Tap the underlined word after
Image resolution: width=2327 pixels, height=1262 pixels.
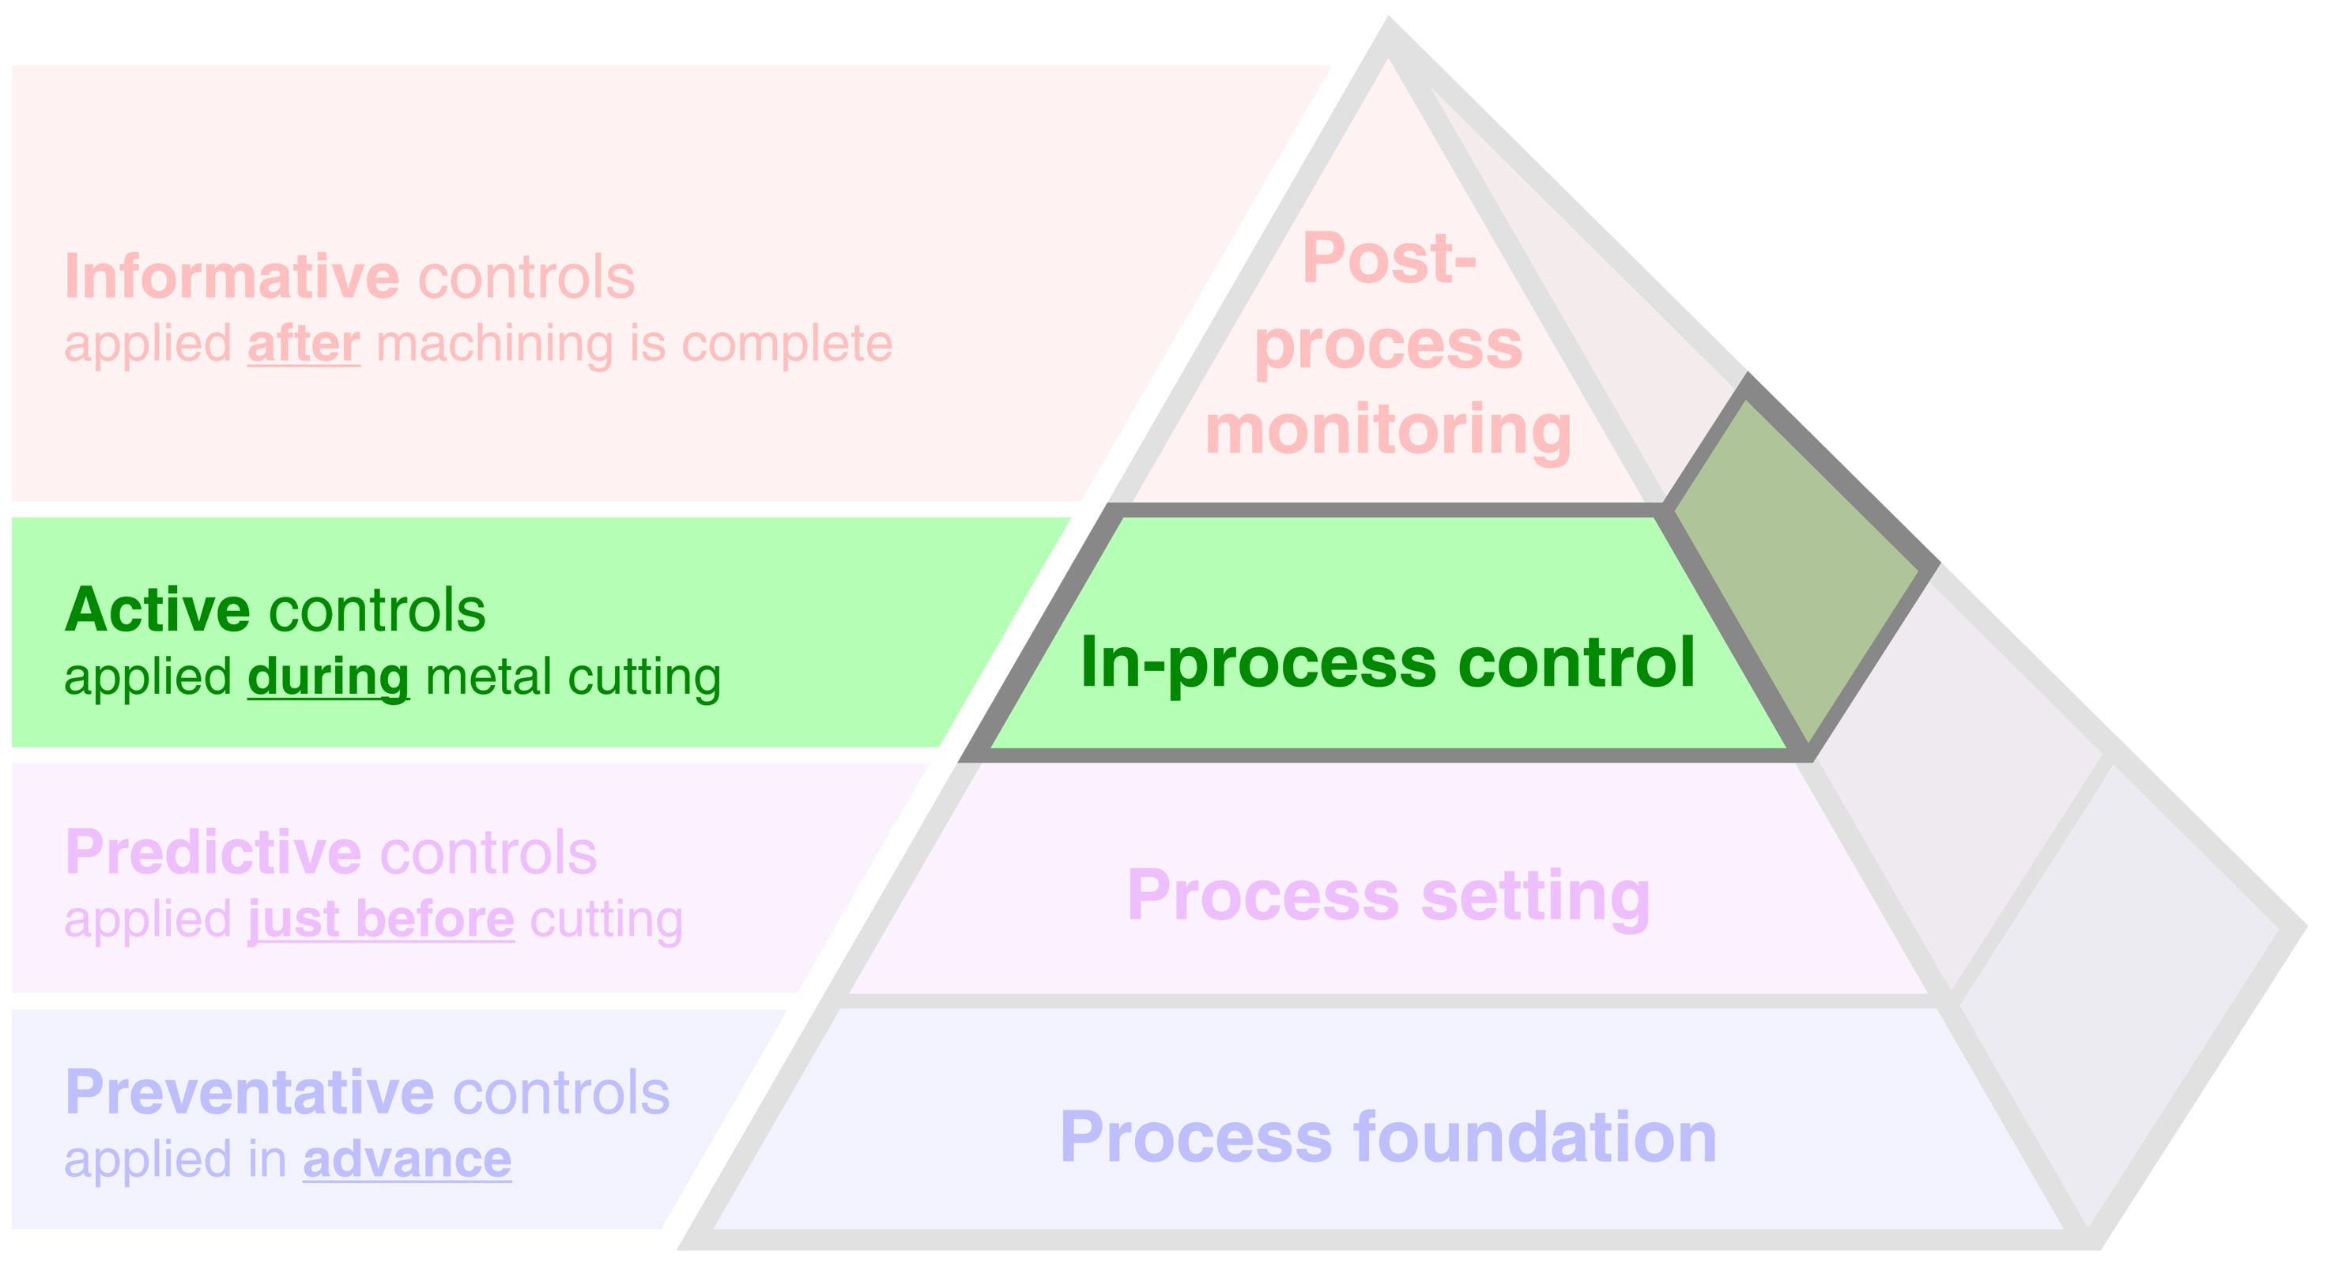(x=304, y=345)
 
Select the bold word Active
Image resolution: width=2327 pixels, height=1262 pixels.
(x=157, y=610)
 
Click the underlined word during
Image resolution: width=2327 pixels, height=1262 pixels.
(x=328, y=677)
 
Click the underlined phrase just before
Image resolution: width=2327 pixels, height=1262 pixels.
(x=380, y=920)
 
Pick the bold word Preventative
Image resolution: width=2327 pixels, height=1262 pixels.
(x=249, y=1093)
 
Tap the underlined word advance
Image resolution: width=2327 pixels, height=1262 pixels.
(x=406, y=1160)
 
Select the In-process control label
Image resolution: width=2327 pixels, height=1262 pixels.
(x=1387, y=662)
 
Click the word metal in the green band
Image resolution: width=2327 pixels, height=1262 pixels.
(x=486, y=677)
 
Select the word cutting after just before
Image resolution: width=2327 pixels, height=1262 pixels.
(x=606, y=920)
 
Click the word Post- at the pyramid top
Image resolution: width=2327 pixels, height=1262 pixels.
(x=1389, y=259)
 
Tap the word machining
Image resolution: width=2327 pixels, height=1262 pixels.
(x=493, y=345)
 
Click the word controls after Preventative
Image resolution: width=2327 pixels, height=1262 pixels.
(x=560, y=1093)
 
